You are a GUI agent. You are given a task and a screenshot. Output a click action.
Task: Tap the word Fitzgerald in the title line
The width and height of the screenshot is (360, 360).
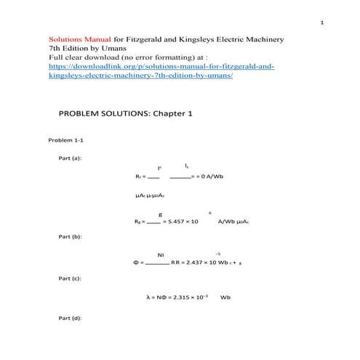pos(153,37)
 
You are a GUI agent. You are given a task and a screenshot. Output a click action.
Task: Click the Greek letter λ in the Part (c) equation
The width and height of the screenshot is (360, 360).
pos(148,297)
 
